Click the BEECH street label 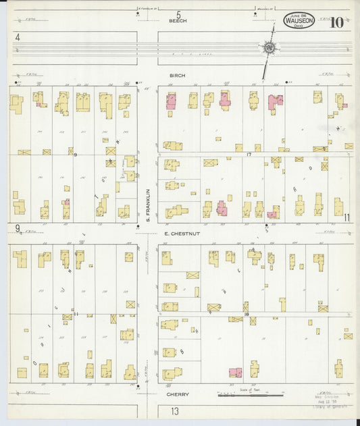click(178, 21)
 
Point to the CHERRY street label click(177, 394)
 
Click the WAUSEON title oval click(299, 21)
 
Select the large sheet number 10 click(336, 22)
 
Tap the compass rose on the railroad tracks click(269, 48)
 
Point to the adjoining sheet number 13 click(174, 411)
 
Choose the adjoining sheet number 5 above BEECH click(179, 14)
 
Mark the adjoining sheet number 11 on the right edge click(346, 217)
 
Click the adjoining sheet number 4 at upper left click(17, 38)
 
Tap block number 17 click(249, 155)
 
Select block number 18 click(247, 315)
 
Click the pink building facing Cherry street click(235, 372)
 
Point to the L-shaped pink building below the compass click(275, 102)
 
